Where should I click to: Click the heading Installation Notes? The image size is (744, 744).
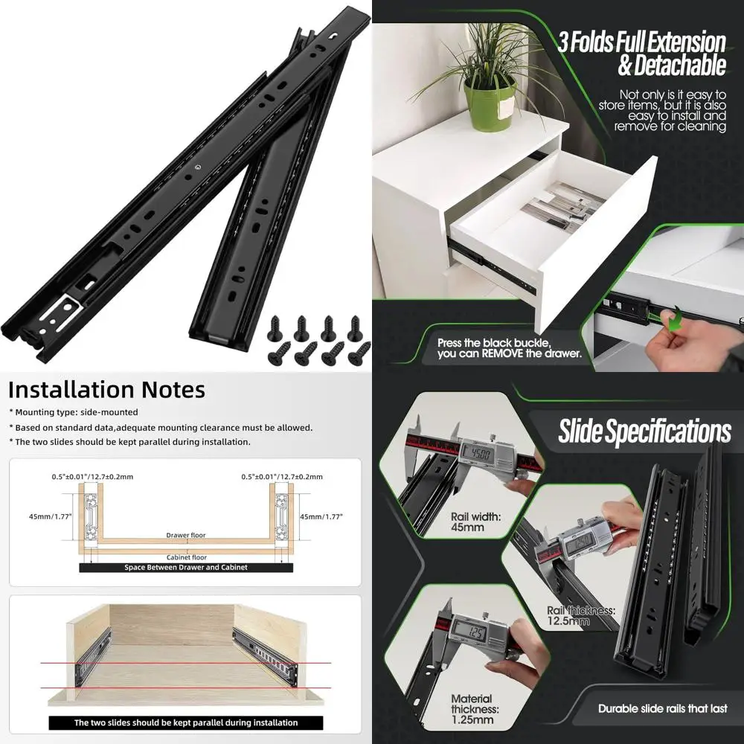point(106,390)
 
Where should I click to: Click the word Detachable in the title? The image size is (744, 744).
point(672,65)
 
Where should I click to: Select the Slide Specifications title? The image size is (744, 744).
point(644,432)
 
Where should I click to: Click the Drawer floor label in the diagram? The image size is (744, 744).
point(186,535)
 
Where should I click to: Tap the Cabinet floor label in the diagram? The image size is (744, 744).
point(186,557)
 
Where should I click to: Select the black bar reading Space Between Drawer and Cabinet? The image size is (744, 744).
point(186,567)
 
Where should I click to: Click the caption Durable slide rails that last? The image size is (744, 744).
point(663,708)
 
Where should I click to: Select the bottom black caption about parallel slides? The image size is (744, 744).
point(186,722)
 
